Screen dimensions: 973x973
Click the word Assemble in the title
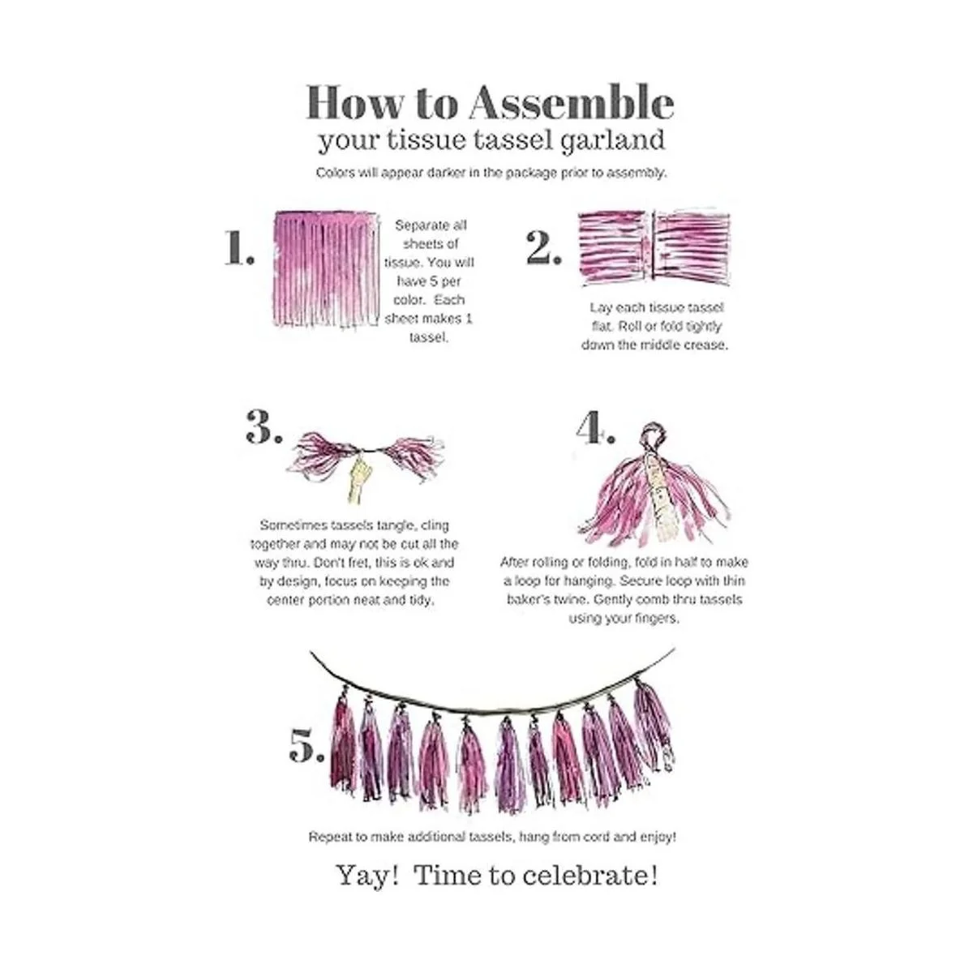[x=572, y=102]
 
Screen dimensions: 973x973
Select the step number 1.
[x=239, y=247]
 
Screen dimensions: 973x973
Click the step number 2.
[x=543, y=247]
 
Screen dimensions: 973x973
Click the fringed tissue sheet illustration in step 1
[x=326, y=270]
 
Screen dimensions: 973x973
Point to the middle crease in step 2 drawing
[x=653, y=244]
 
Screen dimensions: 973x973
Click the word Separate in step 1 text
[x=431, y=225]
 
